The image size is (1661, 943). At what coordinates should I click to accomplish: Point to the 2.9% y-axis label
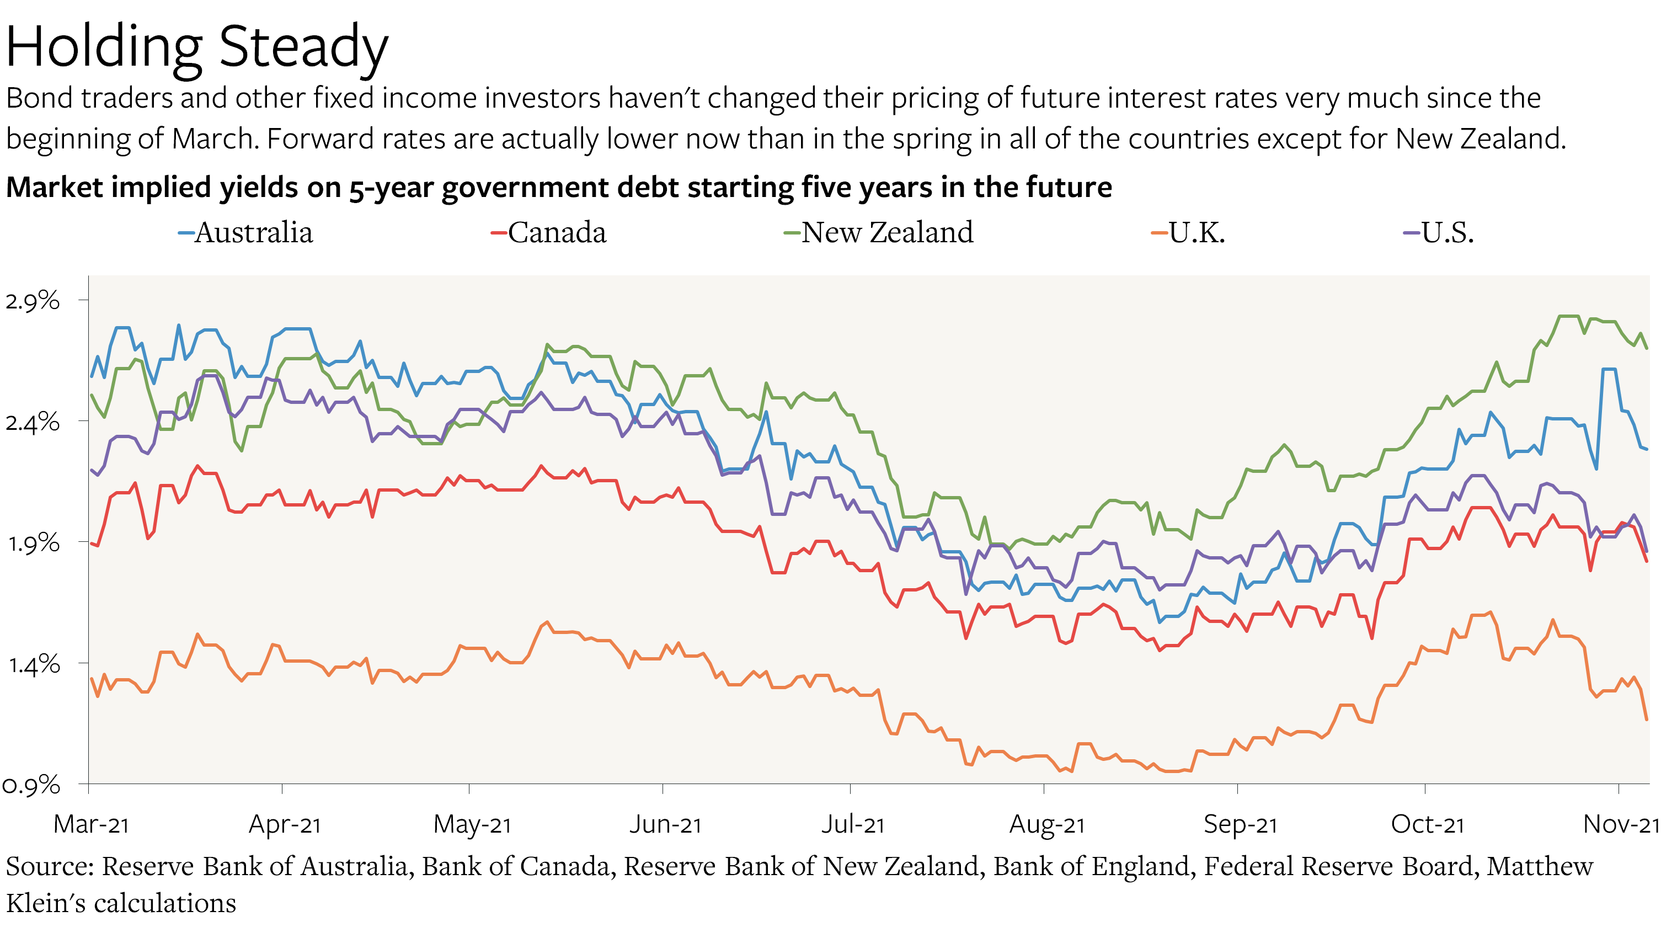coord(33,301)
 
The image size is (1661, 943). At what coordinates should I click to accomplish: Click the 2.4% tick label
coord(33,422)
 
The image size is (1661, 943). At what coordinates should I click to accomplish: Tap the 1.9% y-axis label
coord(33,543)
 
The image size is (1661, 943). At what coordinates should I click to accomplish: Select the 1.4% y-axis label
coord(33,664)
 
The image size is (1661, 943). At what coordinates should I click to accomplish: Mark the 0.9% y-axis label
coord(31,786)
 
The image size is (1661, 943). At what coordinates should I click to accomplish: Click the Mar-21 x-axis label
coord(91,824)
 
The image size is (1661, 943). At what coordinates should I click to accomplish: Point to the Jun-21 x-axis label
coord(665,824)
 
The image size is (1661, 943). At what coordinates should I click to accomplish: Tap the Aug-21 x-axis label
coord(1046,824)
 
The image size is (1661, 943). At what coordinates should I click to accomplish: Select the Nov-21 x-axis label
coord(1620,824)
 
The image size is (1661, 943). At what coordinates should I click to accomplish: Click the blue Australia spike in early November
coord(1609,370)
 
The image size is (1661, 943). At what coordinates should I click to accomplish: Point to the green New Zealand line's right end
coord(1646,348)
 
